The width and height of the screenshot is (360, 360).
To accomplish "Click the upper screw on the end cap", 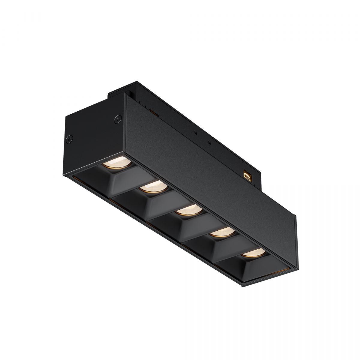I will [117, 118].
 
